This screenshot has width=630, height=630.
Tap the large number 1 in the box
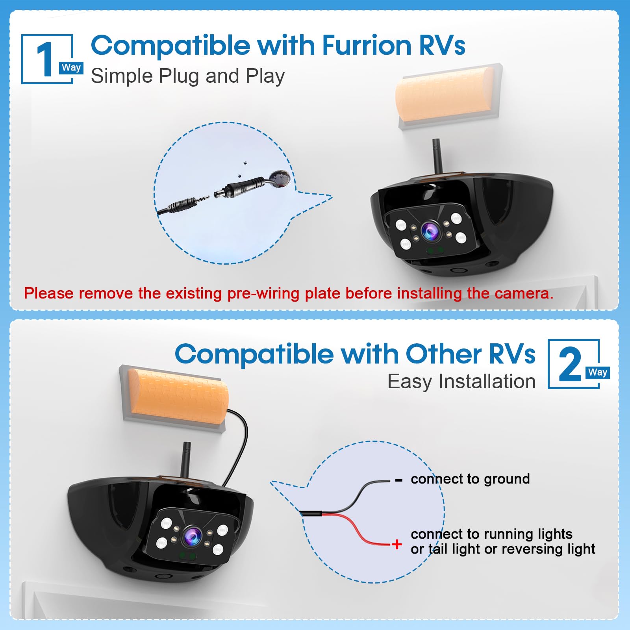(x=46, y=59)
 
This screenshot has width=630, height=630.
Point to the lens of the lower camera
(x=193, y=536)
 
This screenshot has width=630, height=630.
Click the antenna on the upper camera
(x=436, y=156)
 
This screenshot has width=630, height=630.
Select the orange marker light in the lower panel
(x=178, y=396)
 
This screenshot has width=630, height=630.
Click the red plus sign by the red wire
(x=397, y=544)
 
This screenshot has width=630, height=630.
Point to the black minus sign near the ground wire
(x=398, y=480)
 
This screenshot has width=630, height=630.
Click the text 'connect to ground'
(x=470, y=479)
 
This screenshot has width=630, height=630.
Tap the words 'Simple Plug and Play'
(x=188, y=76)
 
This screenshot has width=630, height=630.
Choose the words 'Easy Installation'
(x=461, y=382)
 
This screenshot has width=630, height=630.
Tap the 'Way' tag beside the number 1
(x=71, y=68)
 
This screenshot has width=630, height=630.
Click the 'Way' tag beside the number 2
(x=598, y=372)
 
